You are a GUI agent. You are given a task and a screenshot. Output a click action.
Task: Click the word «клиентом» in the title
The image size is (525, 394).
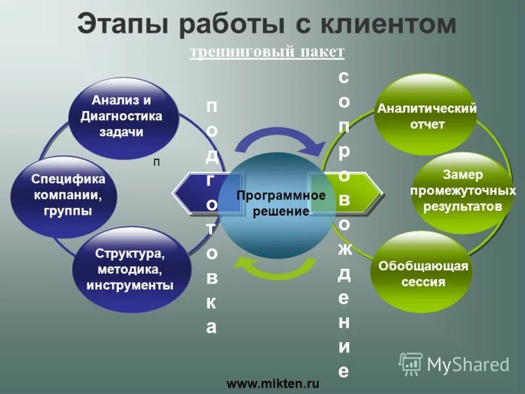387,26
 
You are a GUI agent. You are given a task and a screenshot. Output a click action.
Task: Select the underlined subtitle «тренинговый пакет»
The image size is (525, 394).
266,52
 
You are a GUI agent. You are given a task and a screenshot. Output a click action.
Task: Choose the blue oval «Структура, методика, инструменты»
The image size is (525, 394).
129,269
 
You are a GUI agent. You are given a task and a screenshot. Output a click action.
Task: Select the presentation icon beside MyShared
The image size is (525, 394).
411,363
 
